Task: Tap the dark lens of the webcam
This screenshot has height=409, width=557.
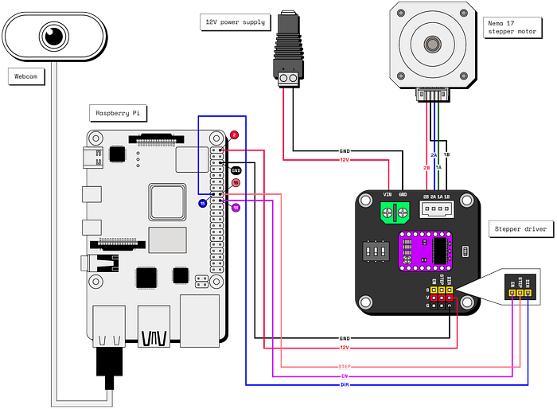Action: coord(54,35)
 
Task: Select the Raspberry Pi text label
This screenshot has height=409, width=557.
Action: coord(117,113)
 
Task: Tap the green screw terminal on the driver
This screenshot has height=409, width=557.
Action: coord(395,212)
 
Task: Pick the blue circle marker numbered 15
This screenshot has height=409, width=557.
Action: coord(203,204)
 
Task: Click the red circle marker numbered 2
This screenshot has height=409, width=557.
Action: coord(234,135)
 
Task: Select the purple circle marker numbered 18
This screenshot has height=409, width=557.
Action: coord(236,208)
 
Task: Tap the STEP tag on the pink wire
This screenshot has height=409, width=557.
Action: coord(344,367)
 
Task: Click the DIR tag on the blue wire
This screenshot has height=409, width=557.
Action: coord(344,384)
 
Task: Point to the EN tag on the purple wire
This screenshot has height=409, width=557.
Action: coord(344,376)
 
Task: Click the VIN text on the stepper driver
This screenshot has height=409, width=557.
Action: coord(388,194)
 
